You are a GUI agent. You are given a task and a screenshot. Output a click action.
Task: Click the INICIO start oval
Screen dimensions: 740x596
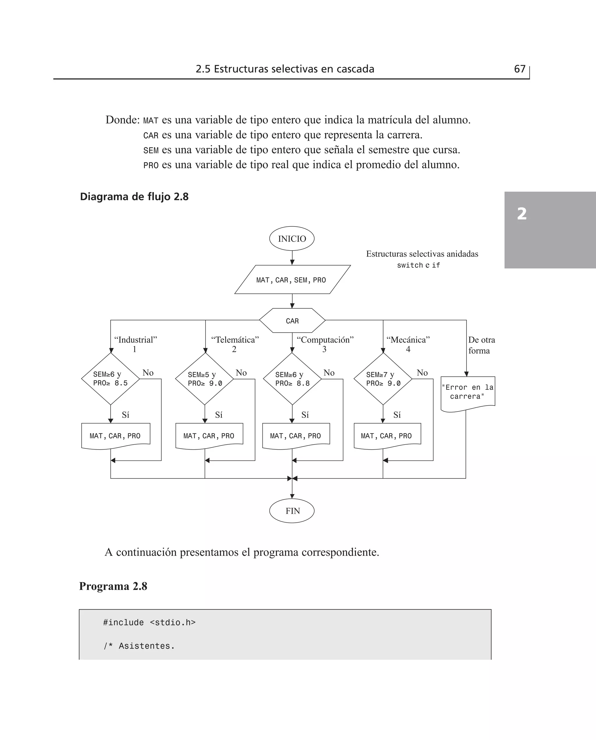coord(292,239)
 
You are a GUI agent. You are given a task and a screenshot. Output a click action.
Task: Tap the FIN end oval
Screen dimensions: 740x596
coord(292,511)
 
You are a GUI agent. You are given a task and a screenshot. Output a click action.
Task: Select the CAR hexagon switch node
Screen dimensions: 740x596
coord(292,321)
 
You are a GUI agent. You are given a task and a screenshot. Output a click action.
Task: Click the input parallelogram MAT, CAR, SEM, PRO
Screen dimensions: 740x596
coord(292,280)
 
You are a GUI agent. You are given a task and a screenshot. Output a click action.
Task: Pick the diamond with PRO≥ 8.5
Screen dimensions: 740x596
coord(111,379)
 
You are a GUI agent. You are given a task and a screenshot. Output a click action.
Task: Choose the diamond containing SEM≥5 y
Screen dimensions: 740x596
coord(205,379)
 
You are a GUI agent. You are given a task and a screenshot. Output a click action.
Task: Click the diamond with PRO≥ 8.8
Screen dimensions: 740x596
coord(292,379)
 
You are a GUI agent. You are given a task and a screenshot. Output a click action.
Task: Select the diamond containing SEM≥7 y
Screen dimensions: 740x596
coord(383,379)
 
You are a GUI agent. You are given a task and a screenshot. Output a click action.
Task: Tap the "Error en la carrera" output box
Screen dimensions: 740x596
coord(468,392)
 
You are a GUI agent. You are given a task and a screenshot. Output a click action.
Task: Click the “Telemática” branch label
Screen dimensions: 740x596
coord(235,340)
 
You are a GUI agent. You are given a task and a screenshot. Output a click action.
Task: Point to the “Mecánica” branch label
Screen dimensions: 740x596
coord(408,340)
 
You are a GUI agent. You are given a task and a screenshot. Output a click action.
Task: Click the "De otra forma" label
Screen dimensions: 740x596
coord(481,345)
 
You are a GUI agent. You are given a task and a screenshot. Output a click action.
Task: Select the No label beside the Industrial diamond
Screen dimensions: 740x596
coord(148,373)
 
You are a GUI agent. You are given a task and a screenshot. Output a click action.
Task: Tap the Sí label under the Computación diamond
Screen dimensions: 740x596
coord(305,415)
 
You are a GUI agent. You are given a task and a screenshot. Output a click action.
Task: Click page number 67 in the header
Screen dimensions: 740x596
coord(519,69)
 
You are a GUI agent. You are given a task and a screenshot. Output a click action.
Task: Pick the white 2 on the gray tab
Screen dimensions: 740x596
coord(522,214)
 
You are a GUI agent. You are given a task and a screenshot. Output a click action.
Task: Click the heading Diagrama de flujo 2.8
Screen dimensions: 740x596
coord(134,197)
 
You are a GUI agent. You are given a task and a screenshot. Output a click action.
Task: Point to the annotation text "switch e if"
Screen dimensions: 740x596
coord(418,265)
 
